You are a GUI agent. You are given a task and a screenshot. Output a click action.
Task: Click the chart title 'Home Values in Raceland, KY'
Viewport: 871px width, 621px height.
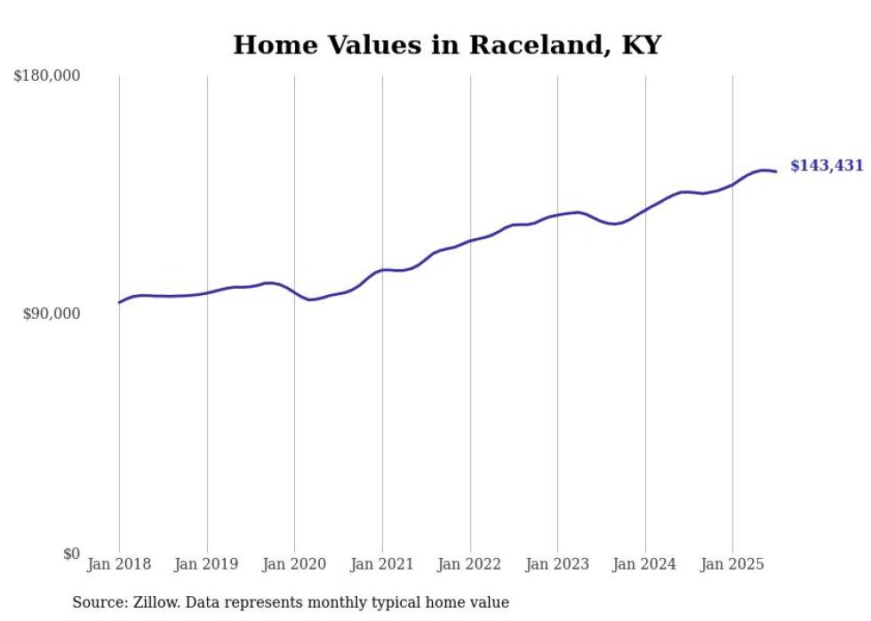click(447, 45)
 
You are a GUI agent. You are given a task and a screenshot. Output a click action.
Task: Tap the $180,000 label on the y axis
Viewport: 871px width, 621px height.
click(46, 76)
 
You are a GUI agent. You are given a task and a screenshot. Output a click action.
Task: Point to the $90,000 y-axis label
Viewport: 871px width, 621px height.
click(52, 314)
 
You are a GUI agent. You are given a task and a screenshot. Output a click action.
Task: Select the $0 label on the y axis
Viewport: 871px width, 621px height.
click(71, 553)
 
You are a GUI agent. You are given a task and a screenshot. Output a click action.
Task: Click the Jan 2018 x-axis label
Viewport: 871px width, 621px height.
click(119, 564)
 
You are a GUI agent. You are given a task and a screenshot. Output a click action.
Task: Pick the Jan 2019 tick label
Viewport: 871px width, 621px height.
click(207, 564)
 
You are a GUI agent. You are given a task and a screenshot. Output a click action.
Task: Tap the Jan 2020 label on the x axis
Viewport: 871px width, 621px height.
click(295, 564)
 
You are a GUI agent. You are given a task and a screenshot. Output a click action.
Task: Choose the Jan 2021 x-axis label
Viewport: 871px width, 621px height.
click(382, 564)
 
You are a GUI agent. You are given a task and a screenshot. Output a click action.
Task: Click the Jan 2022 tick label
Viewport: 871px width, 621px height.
click(470, 564)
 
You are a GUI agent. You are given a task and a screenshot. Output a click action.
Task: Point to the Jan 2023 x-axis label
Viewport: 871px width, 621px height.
click(557, 564)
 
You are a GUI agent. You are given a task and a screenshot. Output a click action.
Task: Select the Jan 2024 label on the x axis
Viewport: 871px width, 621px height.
click(645, 564)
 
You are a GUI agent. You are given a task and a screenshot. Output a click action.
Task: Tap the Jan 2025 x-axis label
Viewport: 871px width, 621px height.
click(732, 564)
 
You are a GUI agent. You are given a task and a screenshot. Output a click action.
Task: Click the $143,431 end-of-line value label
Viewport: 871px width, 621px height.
click(827, 166)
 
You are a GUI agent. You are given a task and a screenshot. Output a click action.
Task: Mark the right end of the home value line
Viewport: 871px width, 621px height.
click(776, 171)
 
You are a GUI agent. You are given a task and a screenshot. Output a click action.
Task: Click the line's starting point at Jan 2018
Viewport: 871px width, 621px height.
click(119, 303)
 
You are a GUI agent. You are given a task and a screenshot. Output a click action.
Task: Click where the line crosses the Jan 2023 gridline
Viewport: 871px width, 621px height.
click(557, 215)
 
